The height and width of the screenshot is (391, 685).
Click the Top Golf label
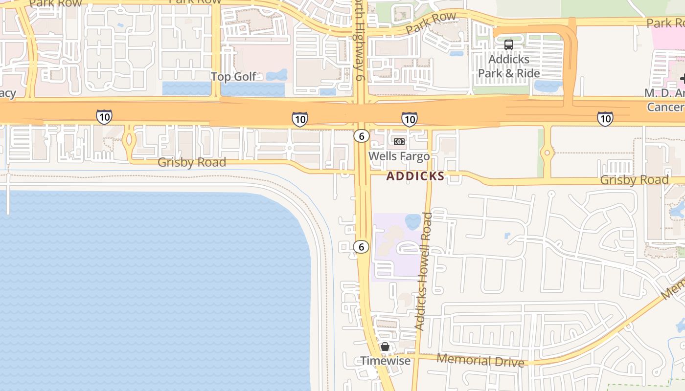pos(233,77)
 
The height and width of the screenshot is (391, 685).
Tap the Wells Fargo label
pos(399,156)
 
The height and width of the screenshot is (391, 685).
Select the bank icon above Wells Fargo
pos(399,142)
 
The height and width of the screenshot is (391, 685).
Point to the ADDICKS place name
pos(415,176)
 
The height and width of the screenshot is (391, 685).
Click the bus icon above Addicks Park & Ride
pos(509,45)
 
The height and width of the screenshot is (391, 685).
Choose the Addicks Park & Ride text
pos(509,66)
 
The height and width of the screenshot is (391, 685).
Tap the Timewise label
pos(385,361)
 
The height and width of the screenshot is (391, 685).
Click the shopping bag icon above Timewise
pos(385,347)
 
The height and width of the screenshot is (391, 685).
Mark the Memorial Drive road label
pos(480,361)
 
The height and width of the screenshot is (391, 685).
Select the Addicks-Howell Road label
pos(424,271)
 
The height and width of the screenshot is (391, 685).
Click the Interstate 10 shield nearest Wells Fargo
pos(409,119)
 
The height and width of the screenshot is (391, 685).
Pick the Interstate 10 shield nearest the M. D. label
pos(605,118)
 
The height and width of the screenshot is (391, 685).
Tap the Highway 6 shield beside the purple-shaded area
pos(361,247)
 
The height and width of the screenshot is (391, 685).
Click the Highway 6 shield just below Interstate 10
pos(361,136)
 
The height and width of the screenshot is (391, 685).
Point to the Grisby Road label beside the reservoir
pos(192,162)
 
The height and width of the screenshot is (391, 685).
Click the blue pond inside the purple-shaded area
pos(413,221)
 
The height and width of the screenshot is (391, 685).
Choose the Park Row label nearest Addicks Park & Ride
pos(431,23)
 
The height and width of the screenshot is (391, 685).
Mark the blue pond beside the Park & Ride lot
pos(548,86)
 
